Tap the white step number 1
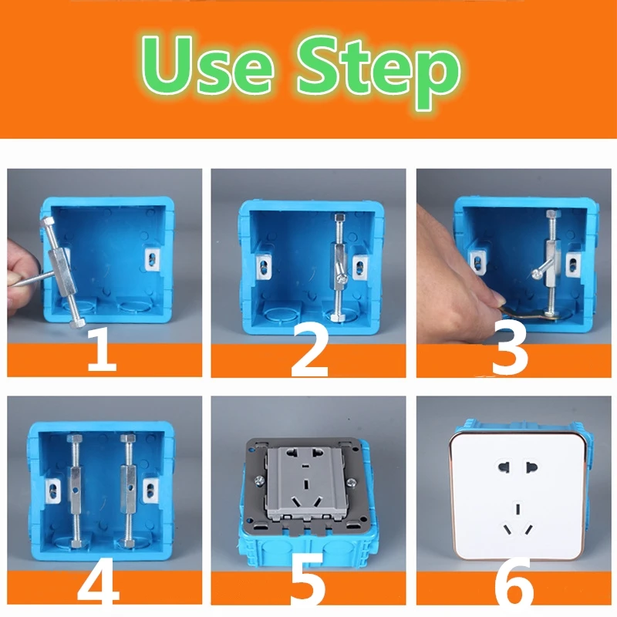tap(102, 350)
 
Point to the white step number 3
tap(510, 354)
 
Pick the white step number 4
tap(99, 582)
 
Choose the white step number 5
tap(308, 582)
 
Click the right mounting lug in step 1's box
tap(153, 259)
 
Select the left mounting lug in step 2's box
tap(263, 267)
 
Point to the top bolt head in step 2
tap(339, 217)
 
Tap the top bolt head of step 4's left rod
tap(74, 438)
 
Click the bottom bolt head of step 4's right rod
tap(128, 544)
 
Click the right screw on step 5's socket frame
tap(352, 482)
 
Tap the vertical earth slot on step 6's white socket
tap(518, 507)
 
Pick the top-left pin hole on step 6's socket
tap(504, 467)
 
